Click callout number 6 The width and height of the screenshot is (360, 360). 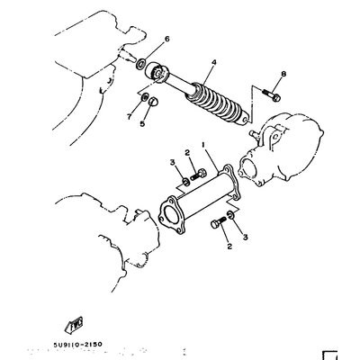click(167, 39)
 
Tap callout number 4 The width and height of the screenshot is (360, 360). click(214, 62)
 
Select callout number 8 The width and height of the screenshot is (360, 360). click(283, 74)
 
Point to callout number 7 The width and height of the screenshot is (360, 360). click(130, 117)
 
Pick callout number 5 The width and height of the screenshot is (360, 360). click(142, 123)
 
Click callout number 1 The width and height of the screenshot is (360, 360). click(203, 145)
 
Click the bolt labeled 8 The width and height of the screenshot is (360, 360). click(272, 94)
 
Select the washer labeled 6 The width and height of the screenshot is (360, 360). click(140, 64)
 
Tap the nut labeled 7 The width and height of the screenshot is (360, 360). click(144, 97)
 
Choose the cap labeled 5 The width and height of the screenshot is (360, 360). click(153, 102)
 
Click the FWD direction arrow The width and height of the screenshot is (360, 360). click(73, 324)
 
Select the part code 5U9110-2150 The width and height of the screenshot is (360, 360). click(78, 345)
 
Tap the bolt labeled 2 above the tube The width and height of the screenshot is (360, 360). click(198, 174)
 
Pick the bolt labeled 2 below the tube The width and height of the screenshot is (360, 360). click(219, 222)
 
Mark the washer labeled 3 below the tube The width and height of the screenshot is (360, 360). click(230, 214)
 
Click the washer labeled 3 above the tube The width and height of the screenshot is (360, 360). click(186, 181)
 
